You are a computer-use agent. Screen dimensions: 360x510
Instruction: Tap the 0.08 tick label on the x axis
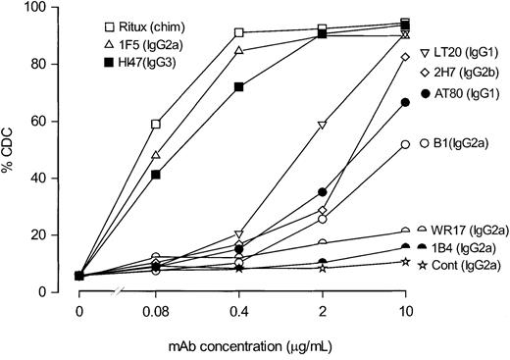click(156, 311)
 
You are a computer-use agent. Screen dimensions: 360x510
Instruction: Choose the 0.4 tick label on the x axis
click(239, 311)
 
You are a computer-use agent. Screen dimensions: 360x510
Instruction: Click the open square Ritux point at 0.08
click(156, 124)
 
